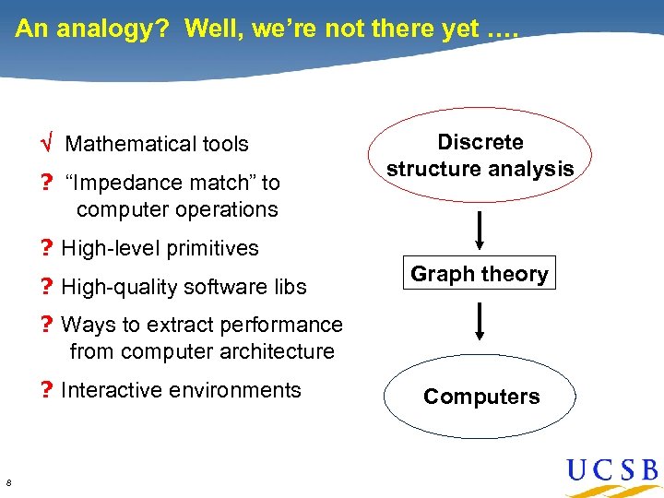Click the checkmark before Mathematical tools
(46, 144)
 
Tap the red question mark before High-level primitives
(46, 248)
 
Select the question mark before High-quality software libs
(46, 288)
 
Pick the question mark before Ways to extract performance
(46, 325)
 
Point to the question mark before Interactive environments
(46, 390)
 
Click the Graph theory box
(480, 273)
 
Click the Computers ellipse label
(481, 397)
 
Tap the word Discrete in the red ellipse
(480, 142)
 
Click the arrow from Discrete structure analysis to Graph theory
(480, 229)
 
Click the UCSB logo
(612, 473)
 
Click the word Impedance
(125, 183)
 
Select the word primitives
(210, 248)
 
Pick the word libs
(289, 288)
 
